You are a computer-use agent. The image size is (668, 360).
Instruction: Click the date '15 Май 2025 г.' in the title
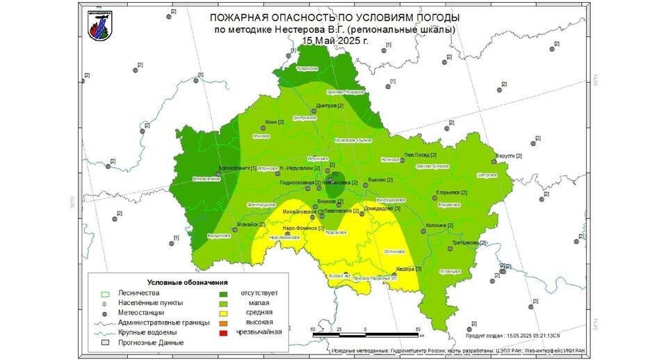click(x=335, y=40)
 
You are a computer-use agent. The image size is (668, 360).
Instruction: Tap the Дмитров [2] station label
click(x=330, y=106)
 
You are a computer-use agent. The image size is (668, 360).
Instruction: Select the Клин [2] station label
click(x=275, y=122)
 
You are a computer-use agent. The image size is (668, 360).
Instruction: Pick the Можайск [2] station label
click(x=252, y=224)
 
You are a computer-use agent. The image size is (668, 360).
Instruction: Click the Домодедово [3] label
click(x=383, y=208)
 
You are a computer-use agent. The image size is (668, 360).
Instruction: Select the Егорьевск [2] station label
click(x=451, y=192)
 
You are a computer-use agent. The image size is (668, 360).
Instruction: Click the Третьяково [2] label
click(x=467, y=243)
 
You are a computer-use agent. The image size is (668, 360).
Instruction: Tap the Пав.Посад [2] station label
click(x=421, y=154)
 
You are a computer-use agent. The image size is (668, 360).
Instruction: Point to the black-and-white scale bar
click(x=366, y=335)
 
